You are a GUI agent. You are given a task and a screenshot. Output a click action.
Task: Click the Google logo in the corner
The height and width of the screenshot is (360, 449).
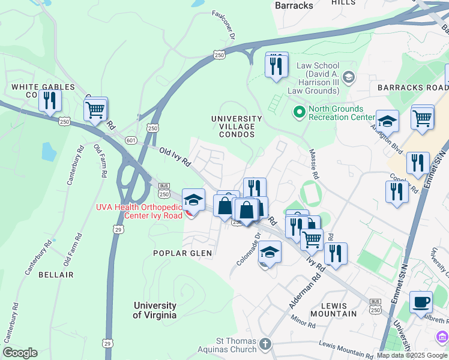tap(20, 352)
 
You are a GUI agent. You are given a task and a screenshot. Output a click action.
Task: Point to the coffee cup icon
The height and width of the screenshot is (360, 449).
tap(421, 302)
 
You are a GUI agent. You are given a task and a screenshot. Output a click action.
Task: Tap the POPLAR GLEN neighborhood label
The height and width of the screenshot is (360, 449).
tap(182, 253)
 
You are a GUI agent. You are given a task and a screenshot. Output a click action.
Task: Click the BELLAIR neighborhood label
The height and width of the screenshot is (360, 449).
tap(56, 274)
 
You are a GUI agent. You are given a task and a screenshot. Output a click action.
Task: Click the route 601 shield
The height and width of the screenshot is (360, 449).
tap(131, 140)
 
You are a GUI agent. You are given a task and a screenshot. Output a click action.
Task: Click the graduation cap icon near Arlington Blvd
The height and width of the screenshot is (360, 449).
tap(387, 122)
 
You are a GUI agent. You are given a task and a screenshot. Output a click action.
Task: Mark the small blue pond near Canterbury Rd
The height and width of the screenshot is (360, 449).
tap(49, 152)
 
